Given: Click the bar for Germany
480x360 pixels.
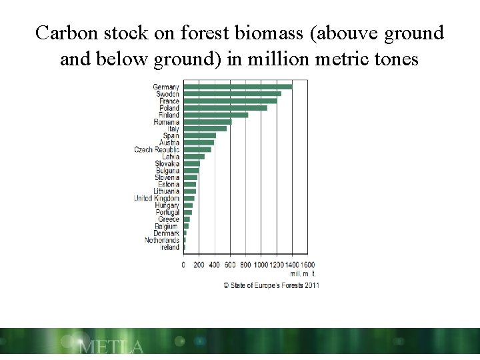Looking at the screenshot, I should point(237,87).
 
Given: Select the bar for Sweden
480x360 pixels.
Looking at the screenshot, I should point(232,94).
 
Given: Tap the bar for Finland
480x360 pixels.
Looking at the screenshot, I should point(215,115).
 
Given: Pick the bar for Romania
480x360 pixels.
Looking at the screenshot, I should point(207,122).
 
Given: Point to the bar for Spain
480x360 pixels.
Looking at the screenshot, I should point(199,135).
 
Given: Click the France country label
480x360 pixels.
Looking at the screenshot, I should point(168,101).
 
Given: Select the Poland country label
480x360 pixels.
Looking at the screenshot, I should point(169,108).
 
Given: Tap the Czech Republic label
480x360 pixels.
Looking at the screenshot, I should point(157,150).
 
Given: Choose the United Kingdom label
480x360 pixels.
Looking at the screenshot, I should point(157,198).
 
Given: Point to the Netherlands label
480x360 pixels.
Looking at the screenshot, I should point(162,240).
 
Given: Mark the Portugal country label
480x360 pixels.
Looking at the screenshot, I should point(167,212).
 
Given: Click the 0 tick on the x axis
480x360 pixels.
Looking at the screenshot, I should point(184,265).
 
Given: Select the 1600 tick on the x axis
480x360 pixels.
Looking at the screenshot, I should point(307,265).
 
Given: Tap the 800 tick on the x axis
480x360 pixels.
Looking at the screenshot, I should point(246,265).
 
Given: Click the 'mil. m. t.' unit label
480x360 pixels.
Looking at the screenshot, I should point(302,273).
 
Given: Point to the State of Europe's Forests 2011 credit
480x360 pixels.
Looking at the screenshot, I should point(271,285).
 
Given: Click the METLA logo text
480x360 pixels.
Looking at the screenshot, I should point(111,347).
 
